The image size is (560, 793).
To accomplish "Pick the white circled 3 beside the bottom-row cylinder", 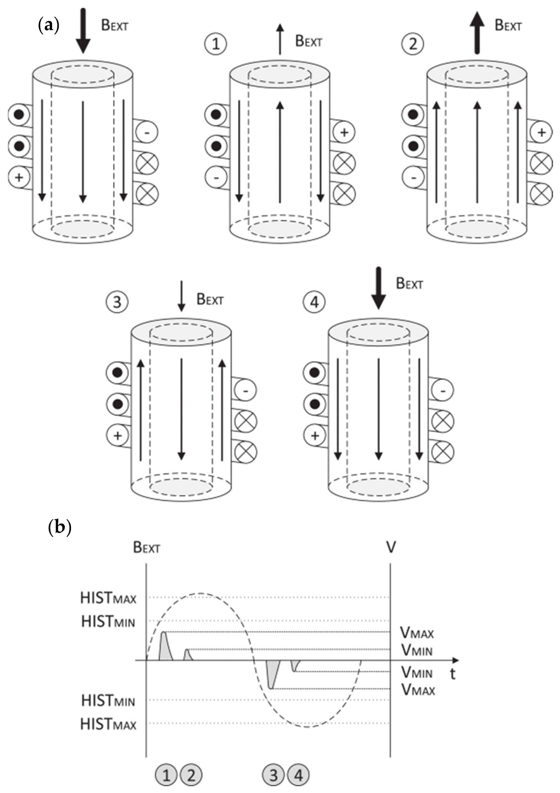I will point(117,302).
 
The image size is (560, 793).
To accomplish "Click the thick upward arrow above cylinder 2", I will point(477,33).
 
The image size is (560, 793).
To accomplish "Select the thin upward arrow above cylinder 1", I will point(280,39).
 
